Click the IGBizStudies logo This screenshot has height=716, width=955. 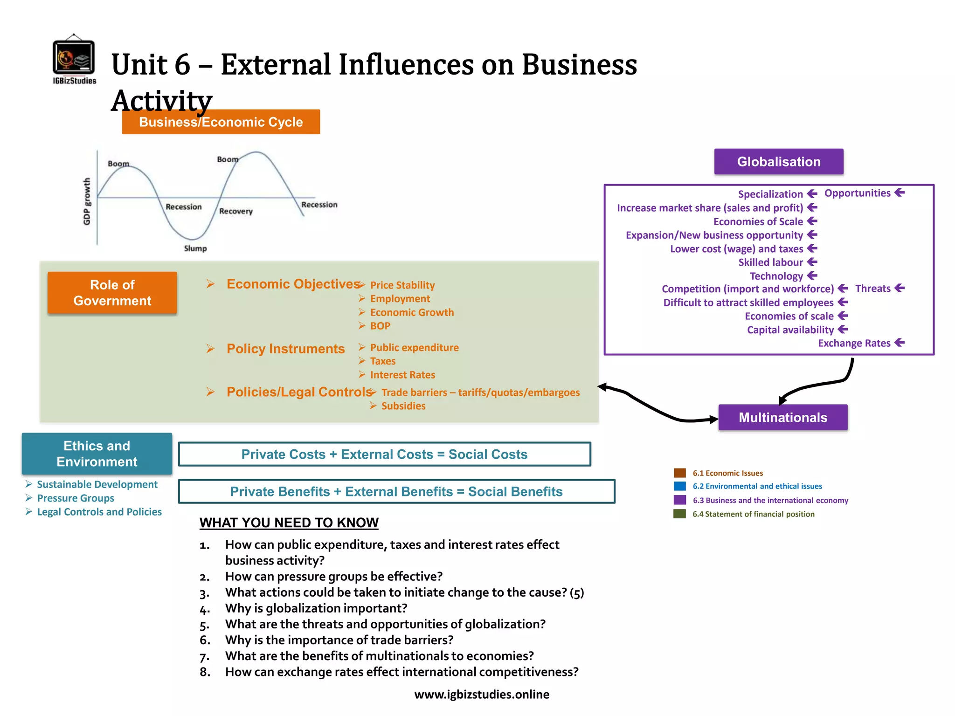coord(74,59)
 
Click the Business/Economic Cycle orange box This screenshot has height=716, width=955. coord(221,122)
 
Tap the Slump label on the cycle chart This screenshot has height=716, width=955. coord(195,248)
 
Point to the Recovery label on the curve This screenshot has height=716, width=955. coord(235,211)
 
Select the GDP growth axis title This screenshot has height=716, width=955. coord(87,201)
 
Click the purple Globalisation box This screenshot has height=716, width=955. coord(778,162)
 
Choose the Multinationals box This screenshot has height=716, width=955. coord(782,417)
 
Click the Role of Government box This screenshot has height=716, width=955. coord(112,293)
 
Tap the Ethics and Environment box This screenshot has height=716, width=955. coord(97,454)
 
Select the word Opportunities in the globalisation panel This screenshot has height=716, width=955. coord(857,193)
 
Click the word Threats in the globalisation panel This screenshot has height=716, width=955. coord(872,289)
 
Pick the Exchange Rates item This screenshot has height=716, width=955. coord(854,344)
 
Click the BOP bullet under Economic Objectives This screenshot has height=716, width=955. coord(380,326)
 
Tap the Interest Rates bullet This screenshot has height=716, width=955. coord(402,375)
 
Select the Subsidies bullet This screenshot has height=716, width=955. coord(403,406)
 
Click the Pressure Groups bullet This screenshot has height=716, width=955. coord(76,498)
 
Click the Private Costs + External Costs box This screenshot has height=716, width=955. coord(384,454)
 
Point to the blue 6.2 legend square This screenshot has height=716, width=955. coord(679,486)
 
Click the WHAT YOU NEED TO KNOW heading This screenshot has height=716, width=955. coord(289,523)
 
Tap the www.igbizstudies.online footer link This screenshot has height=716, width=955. coord(481,695)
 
